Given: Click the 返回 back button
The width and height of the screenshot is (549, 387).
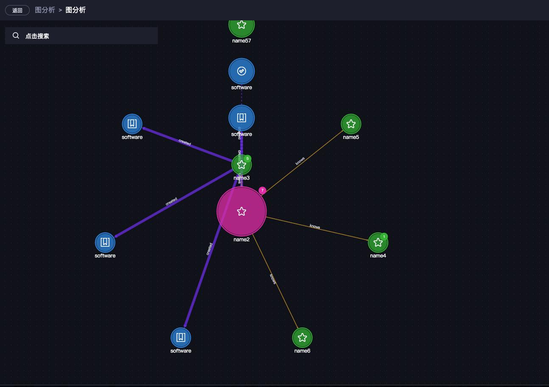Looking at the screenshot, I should tap(17, 10).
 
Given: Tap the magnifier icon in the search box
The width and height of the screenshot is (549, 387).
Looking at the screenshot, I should tap(16, 36).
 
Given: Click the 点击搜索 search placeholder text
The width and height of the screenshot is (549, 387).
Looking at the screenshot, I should tap(37, 36).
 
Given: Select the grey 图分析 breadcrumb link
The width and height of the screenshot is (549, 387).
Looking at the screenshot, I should tap(45, 10).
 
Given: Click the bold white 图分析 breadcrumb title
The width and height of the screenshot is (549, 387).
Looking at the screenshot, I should tap(76, 10).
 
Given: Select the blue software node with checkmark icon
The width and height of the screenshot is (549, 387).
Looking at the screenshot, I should tap(241, 71).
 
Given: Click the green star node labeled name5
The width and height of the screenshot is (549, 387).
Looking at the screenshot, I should tap(351, 124).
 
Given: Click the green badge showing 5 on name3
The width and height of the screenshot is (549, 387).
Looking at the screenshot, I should tap(248, 158).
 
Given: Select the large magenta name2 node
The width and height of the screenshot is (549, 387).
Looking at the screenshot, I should tap(241, 211).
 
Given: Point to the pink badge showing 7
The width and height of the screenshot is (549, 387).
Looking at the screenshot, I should tap(262, 190).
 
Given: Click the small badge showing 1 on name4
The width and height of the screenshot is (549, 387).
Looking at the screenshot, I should tap(384, 237).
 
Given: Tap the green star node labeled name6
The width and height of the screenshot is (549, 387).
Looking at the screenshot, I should tap(302, 338).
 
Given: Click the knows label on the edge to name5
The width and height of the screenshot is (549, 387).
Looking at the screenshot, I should tap(300, 161).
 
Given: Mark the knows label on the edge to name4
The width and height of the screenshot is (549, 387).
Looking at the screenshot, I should tap(315, 226).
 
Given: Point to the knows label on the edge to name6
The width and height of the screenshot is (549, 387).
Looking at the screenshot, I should tap(273, 279).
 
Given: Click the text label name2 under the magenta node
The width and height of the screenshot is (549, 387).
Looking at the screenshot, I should tap(241, 240).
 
